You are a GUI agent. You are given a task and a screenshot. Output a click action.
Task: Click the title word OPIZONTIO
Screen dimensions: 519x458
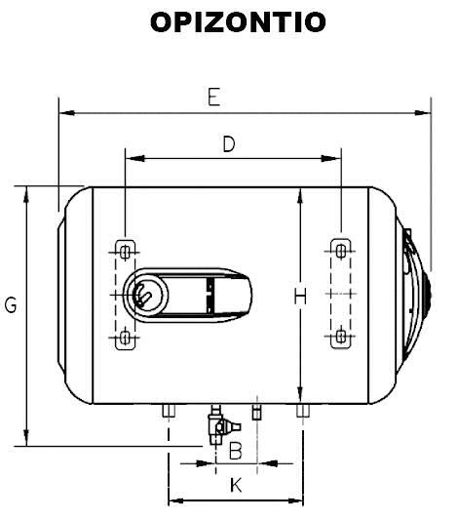click(237, 22)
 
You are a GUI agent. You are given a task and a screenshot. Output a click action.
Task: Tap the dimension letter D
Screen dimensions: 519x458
click(229, 144)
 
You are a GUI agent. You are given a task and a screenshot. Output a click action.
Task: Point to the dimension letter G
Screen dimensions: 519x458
click(11, 305)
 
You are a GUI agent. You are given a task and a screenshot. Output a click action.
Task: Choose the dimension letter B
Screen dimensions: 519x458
click(235, 450)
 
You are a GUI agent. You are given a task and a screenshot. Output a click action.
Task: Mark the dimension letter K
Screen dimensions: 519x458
click(235, 485)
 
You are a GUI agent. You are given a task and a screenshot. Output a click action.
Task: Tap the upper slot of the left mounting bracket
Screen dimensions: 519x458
click(125, 248)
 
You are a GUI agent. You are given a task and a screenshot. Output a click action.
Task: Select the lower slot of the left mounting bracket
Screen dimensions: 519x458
click(125, 339)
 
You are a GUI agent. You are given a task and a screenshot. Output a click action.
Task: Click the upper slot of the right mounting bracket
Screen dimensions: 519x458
click(339, 248)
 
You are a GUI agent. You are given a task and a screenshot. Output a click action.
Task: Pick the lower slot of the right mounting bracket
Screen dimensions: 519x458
click(339, 338)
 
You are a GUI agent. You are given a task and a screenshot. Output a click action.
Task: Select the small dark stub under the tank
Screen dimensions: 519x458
click(257, 410)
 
